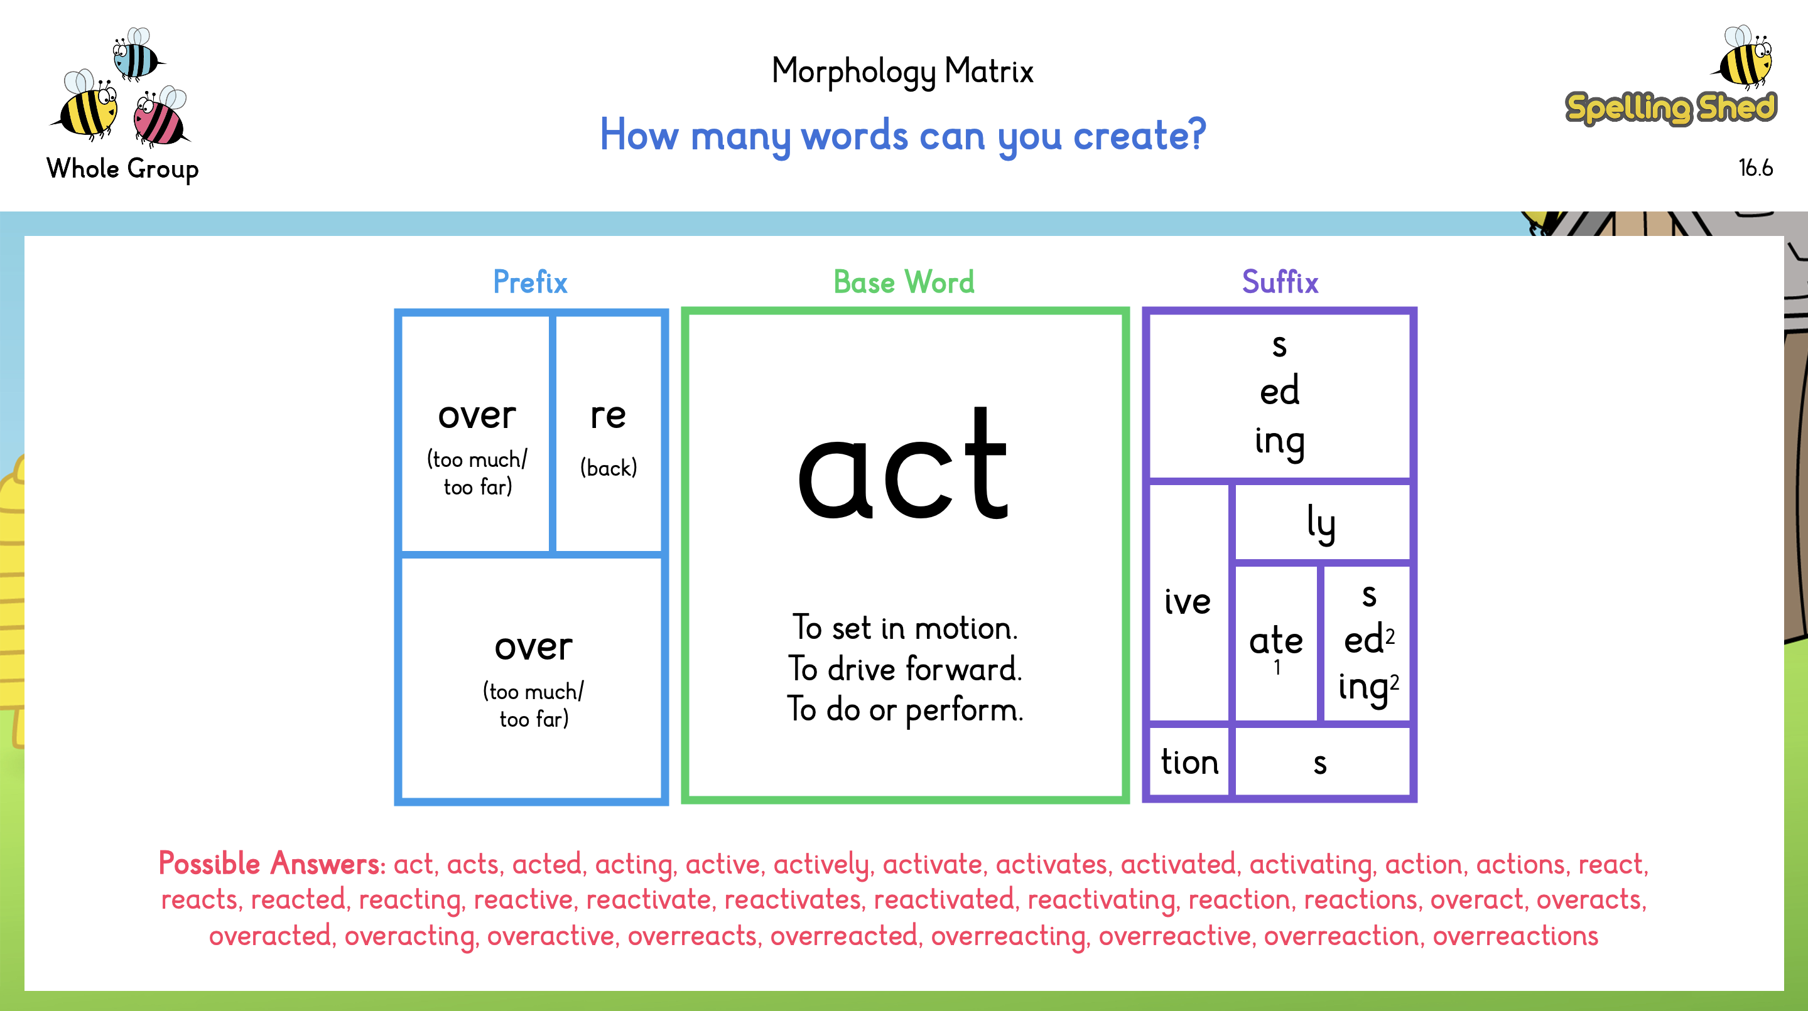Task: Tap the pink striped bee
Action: pos(161,117)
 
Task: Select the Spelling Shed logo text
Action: pos(1670,108)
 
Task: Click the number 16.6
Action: pos(1755,168)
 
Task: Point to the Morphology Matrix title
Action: pos(902,72)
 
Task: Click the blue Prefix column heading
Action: pos(530,282)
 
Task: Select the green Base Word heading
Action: pos(904,282)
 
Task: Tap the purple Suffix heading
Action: pos(1280,282)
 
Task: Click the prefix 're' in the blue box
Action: pos(608,415)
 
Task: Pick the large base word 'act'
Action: pos(903,465)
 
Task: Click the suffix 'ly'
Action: pos(1321,523)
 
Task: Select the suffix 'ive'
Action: pos(1188,601)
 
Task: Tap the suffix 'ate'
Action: pos(1276,641)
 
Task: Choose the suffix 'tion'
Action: pos(1189,762)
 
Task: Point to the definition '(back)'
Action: pos(609,468)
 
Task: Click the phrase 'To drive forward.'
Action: pos(905,668)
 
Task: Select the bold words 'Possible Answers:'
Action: pos(272,864)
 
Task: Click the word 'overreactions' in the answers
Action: pos(1515,936)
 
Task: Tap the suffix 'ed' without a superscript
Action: pos(1279,391)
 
